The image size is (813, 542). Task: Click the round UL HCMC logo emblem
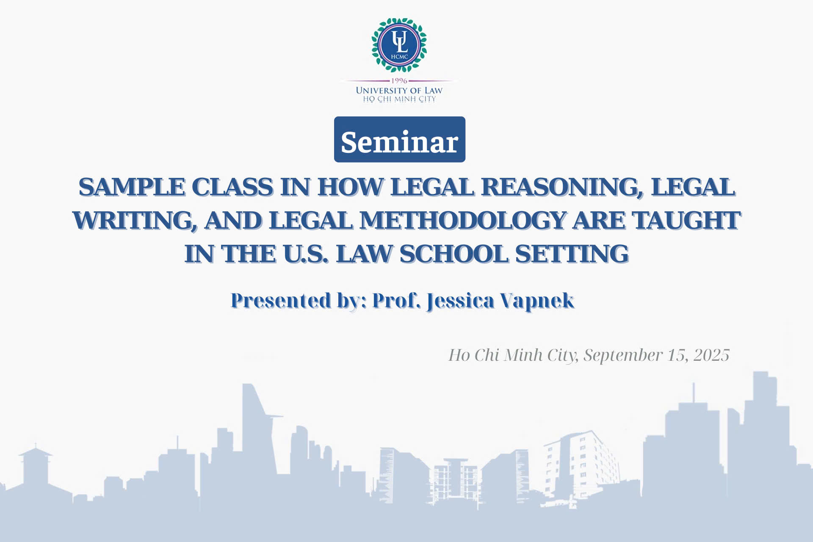(399, 45)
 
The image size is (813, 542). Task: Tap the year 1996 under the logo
(399, 80)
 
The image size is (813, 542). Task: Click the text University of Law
(399, 90)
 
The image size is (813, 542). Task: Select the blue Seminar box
(400, 139)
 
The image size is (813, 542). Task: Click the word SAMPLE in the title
(132, 187)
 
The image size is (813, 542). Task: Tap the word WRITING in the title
(134, 220)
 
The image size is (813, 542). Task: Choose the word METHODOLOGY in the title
(462, 220)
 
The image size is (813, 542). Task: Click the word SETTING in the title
(572, 254)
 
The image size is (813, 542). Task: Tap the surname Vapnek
(537, 300)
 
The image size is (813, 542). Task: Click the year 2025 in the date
(711, 355)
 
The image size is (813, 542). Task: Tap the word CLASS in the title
(232, 187)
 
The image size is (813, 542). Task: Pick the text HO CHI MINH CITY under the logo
(399, 99)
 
